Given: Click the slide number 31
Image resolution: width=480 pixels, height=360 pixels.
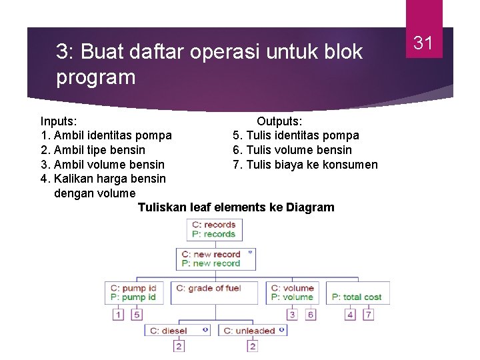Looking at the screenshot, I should (x=424, y=43).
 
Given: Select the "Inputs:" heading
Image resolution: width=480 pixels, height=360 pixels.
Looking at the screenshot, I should (x=58, y=121).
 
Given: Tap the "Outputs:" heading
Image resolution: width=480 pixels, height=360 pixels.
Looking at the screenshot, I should (x=279, y=121).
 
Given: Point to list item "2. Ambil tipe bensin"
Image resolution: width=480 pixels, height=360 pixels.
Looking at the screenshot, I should (x=93, y=150).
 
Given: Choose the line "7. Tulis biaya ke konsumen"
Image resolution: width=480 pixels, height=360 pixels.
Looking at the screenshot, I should (x=305, y=165).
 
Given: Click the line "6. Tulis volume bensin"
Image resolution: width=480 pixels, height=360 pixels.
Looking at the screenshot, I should (x=292, y=150).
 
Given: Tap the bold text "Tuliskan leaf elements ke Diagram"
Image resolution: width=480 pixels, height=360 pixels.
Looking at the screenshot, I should (x=236, y=207).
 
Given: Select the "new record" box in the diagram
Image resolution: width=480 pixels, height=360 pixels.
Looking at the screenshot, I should (x=217, y=259).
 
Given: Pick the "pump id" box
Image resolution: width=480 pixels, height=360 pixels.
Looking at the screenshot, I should (x=134, y=293).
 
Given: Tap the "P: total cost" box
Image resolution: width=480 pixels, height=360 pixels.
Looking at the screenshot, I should (x=358, y=297).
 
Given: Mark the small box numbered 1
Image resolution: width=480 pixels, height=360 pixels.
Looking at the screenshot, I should (x=119, y=315).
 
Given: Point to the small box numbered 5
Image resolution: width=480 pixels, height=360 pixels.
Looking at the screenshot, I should (x=137, y=315).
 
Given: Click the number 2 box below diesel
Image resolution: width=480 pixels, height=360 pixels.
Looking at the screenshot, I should (x=179, y=346).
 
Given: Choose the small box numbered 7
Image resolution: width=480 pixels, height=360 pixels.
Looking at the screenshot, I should (x=368, y=315).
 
